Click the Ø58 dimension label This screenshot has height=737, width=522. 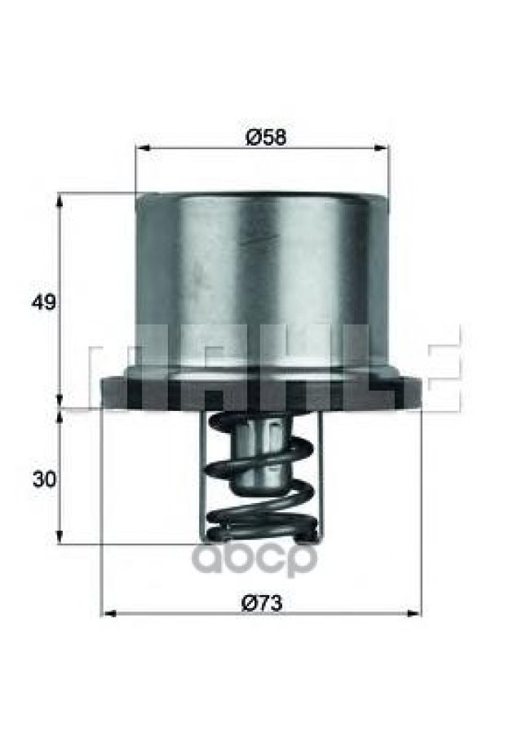(x=266, y=137)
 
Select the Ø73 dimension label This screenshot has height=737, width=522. (x=262, y=603)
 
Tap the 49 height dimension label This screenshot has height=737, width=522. (x=43, y=302)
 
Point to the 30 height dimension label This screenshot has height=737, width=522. (x=44, y=480)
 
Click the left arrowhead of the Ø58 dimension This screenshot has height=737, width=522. (x=143, y=148)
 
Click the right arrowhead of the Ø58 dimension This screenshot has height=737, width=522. (x=382, y=148)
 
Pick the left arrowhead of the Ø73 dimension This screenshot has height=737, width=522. (x=109, y=613)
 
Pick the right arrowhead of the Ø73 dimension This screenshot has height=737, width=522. (x=414, y=613)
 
